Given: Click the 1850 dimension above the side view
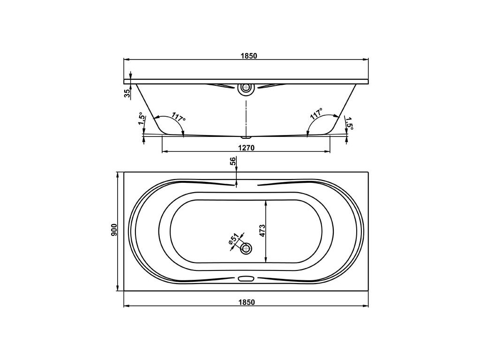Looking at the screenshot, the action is click(x=248, y=56).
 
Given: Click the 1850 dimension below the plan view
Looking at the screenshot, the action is click(x=247, y=302).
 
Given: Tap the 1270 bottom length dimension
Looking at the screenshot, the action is click(x=247, y=148).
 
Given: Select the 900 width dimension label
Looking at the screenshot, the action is click(x=114, y=230).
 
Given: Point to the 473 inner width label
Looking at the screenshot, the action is click(x=262, y=231).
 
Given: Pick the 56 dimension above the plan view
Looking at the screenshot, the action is click(x=232, y=161).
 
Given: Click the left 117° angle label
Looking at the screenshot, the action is click(x=179, y=117).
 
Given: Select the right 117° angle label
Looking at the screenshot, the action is click(x=316, y=113).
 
